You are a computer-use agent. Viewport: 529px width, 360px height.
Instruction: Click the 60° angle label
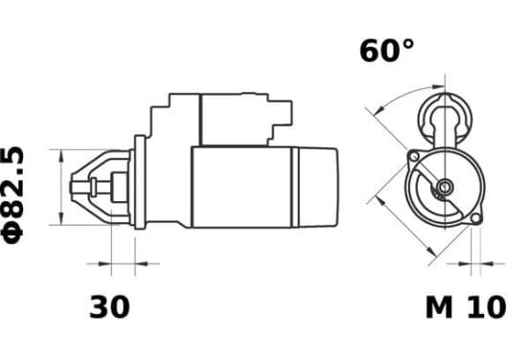point(386,51)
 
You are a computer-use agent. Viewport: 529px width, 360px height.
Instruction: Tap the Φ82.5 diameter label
point(13,194)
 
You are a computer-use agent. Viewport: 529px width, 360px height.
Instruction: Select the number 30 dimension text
point(109,306)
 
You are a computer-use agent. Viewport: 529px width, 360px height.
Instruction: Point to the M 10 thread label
point(466,307)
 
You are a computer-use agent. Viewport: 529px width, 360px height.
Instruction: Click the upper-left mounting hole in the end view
point(414,156)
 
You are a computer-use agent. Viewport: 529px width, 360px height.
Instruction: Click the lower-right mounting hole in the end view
point(475,218)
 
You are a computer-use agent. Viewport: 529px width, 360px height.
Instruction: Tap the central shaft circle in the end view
point(445,187)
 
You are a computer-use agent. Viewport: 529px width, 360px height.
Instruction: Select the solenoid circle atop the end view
point(445,119)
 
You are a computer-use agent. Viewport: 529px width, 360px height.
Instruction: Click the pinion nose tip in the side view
point(72,187)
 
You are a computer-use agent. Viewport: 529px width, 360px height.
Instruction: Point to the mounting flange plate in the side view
point(140,182)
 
